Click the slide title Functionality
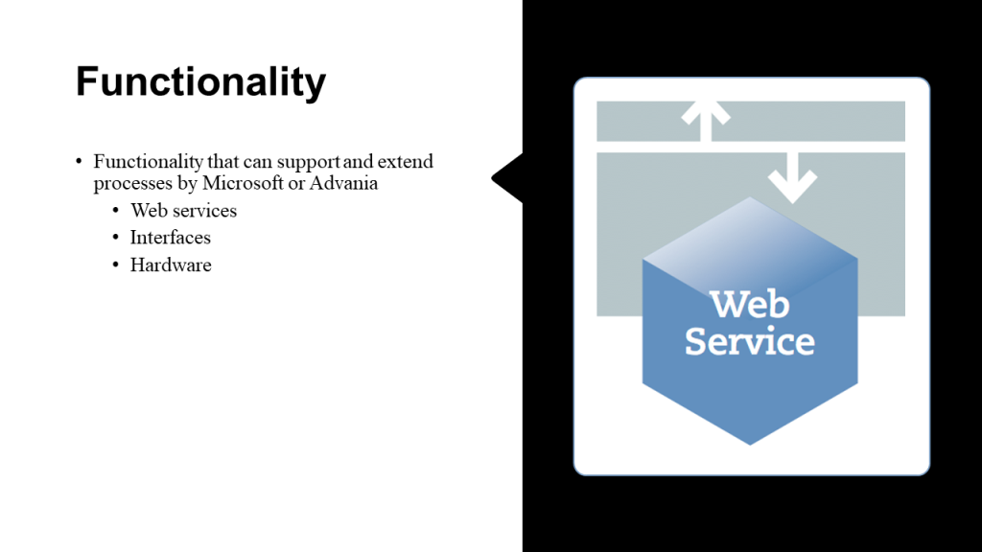200,82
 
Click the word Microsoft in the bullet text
242,183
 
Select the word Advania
344,183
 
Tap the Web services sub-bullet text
183,210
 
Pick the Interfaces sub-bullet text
171,238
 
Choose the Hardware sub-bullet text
171,265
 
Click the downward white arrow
792,176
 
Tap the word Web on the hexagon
749,306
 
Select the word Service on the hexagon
749,341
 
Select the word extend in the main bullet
406,161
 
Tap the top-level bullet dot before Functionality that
80,162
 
